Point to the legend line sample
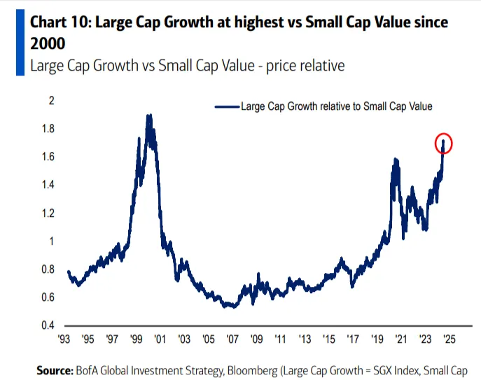[226, 107]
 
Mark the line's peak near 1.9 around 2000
[148, 116]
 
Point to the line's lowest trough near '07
[228, 307]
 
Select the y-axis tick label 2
[50, 101]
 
